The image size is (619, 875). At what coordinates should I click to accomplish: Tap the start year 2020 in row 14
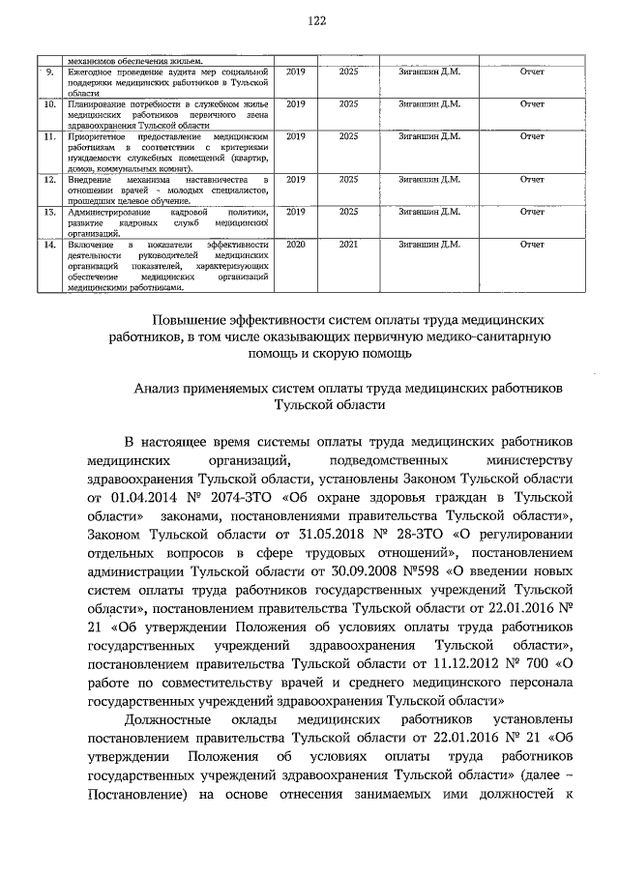click(296, 246)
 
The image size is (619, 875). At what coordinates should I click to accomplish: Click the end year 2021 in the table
click(349, 246)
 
